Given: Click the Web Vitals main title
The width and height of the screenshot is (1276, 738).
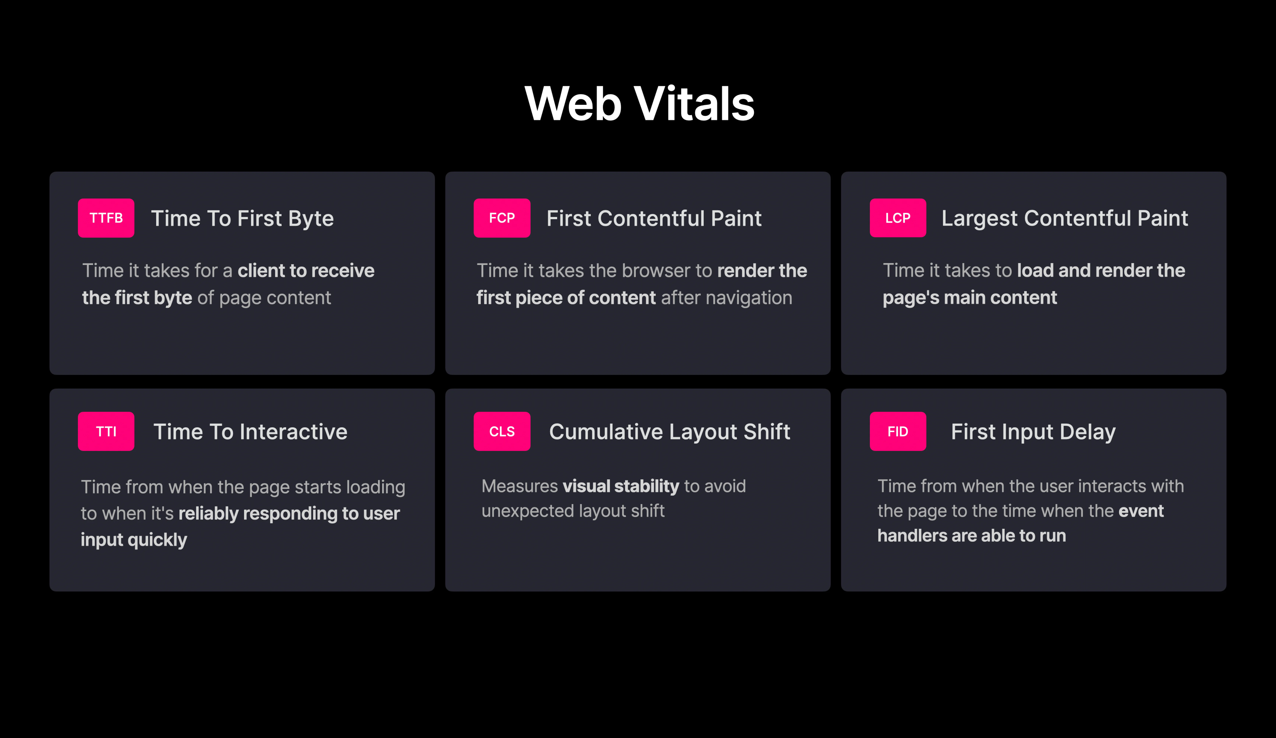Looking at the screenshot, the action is point(639,104).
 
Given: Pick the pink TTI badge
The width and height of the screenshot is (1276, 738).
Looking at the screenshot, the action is point(106,431).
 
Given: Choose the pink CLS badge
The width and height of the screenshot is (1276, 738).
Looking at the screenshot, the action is point(502,431).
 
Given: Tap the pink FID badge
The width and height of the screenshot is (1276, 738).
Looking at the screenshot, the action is point(898,431).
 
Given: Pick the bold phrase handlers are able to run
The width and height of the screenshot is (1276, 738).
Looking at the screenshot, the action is point(972,536).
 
